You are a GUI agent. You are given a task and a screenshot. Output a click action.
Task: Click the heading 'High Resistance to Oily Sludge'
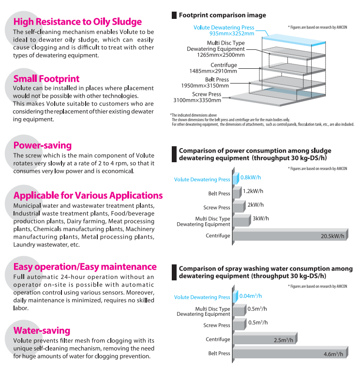77,22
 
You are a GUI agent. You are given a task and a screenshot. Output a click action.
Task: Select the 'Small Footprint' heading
46,79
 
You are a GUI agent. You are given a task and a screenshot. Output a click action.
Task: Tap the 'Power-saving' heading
43,145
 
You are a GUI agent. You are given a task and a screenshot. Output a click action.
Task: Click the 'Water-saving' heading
42,331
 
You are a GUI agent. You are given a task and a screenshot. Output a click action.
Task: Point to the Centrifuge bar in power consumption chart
289,236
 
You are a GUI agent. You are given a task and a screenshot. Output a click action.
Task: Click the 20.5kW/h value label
332,236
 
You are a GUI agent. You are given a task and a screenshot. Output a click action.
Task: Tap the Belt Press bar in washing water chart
289,354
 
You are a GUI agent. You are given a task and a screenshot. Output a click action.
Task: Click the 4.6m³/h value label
333,354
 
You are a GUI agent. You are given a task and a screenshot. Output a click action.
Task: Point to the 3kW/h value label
260,218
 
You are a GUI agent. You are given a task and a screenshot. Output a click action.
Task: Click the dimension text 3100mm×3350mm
197,100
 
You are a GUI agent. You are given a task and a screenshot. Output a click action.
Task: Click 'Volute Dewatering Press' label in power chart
202,180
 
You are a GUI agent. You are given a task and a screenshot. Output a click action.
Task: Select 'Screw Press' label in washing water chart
217,325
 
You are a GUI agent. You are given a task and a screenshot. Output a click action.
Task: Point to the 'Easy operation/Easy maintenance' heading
85,267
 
